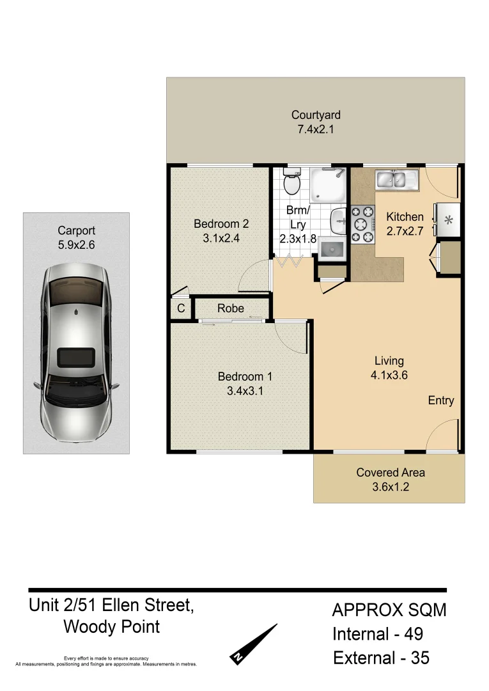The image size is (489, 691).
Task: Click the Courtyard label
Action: pos(316,115)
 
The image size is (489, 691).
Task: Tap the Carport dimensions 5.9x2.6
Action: pos(76,244)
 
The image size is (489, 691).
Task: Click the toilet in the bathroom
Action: pos(291,183)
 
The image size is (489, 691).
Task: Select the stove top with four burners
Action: pos(362,223)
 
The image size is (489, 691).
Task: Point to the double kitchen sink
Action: pos(396,179)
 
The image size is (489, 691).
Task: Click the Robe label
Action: pos(230,308)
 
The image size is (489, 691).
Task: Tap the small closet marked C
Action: pos(181,308)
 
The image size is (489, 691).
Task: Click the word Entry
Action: pos(441,401)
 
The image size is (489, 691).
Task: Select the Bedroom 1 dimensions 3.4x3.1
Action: pos(245,390)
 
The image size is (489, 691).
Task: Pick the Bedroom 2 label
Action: pos(221,224)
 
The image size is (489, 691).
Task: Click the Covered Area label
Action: pos(391,473)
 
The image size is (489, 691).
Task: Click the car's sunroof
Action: pos(75,356)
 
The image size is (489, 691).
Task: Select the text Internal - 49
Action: pos(377,634)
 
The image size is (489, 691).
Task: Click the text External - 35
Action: pos(381,658)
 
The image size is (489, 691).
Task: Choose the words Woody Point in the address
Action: pos(111,627)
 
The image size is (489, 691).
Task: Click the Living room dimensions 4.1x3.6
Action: pos(389,376)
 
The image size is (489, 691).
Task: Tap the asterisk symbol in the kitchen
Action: pos(448,221)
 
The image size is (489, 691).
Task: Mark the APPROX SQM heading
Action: pos(389,610)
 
